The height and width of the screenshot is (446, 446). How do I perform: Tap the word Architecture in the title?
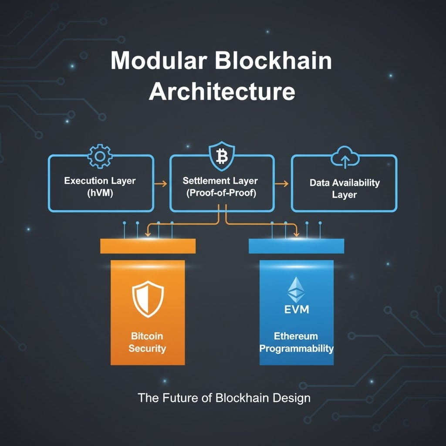[222, 92]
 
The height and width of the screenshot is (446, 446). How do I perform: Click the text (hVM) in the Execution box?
[100, 194]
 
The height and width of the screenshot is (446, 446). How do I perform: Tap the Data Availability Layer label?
[345, 188]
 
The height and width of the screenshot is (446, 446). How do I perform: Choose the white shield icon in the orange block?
[148, 301]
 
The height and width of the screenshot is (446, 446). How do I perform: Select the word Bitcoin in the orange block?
[147, 336]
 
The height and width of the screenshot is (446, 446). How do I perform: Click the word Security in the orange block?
[147, 348]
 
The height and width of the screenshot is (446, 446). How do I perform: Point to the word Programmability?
[296, 348]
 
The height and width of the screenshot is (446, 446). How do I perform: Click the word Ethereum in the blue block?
[296, 336]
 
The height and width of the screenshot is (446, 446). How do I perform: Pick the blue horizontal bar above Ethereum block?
[296, 246]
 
